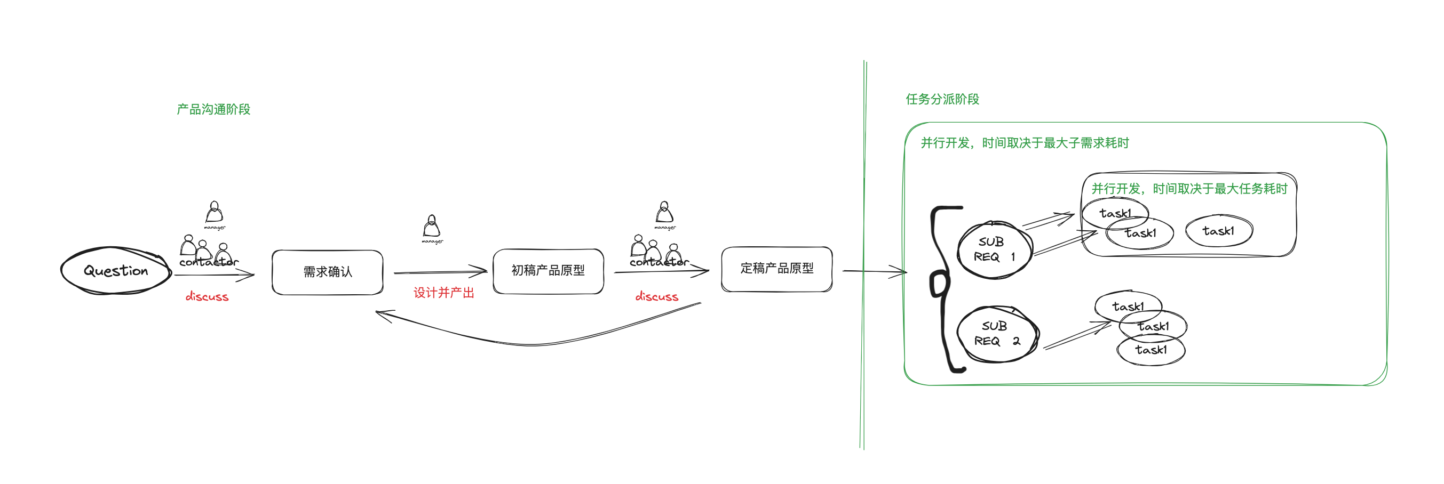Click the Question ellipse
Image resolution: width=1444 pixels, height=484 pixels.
115,271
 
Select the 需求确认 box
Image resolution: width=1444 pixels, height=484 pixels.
327,272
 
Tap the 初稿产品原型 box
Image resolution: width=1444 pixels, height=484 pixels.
548,271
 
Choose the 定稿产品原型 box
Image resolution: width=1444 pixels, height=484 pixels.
776,269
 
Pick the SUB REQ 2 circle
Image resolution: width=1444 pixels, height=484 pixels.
997,334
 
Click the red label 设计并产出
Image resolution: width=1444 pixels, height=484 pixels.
443,293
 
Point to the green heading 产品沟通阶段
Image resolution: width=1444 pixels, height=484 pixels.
213,109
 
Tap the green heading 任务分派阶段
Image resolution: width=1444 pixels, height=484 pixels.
942,99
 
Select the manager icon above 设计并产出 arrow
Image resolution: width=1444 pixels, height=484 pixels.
432,227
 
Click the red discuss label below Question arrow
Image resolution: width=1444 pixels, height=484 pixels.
207,297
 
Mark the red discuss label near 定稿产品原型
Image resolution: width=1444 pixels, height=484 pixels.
656,297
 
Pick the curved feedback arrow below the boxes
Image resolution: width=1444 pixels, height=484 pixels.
533,344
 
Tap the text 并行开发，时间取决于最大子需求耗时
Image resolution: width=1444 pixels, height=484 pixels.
1025,143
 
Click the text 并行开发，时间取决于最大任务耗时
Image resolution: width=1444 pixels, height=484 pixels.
1189,189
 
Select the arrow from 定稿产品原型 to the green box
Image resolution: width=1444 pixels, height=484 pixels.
874,272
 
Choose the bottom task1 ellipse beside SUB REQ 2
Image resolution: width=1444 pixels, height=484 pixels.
1151,350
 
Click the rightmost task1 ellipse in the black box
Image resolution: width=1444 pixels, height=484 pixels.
1219,231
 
